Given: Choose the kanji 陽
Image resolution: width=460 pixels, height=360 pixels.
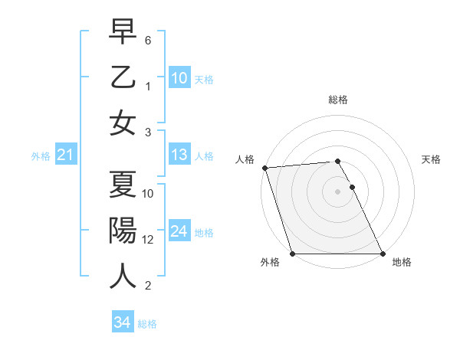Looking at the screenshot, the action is [123, 230].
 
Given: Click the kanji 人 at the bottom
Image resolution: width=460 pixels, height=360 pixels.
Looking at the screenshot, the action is [123, 275].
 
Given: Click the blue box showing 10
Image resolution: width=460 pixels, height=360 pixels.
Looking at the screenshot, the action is [179, 77].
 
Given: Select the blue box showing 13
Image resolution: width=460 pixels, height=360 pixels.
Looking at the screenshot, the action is [179, 155].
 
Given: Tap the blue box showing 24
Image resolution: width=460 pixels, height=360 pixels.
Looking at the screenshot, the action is [179, 231].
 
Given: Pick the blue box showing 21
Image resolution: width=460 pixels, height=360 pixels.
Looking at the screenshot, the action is [65, 155].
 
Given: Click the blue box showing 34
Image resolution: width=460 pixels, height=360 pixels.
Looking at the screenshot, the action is [122, 323].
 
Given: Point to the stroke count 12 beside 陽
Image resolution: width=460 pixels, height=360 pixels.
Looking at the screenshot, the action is [148, 240].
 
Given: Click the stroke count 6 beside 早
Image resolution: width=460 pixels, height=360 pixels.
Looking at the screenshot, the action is [148, 38].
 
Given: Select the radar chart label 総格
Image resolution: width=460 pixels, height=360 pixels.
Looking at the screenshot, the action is [337, 100].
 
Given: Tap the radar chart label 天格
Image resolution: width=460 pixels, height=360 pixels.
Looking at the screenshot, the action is [431, 159].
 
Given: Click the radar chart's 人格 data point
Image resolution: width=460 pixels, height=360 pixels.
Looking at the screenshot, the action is [264, 168].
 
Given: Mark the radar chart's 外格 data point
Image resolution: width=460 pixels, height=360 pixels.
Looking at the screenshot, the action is [292, 254].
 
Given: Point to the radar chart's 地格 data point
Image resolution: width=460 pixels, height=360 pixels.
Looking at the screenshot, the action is [383, 254].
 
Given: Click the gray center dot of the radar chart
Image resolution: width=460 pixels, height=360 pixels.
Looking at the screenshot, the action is [337, 191].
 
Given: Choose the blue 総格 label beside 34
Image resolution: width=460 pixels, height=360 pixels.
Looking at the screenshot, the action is [147, 324].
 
